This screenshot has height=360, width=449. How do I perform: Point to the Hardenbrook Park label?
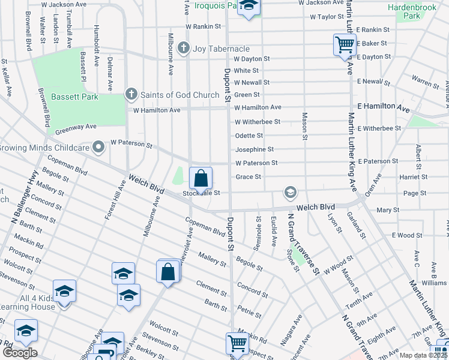pos(412,11)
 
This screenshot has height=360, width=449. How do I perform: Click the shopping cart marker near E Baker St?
pos(345,44)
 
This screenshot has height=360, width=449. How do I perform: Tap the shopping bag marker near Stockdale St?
pos(200,178)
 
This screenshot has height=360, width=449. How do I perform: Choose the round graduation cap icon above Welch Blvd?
pos(291,192)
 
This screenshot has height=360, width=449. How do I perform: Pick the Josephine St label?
pos(255,149)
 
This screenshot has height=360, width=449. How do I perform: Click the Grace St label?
pos(249,177)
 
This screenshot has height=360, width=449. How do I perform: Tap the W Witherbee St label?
pos(258,122)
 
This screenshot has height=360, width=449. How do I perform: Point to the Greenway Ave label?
pos(76,127)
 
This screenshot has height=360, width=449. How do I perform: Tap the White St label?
pos(246,71)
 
